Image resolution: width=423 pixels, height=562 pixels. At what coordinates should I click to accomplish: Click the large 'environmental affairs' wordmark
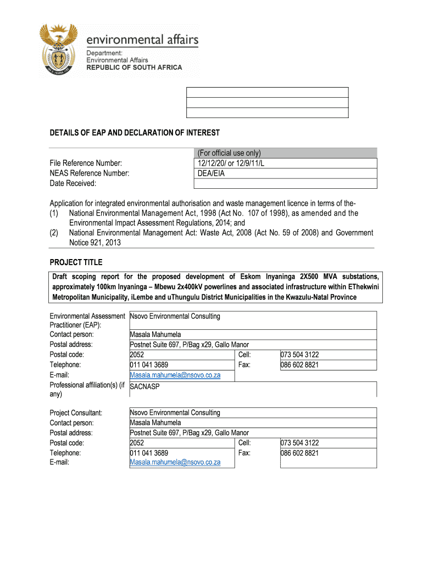[142, 40]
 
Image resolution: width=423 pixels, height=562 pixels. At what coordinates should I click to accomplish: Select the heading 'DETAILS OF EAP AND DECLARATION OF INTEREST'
[135, 133]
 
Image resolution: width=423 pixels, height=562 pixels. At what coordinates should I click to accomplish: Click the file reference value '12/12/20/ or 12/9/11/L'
[232, 163]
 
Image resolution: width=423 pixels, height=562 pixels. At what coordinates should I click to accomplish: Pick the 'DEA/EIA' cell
[211, 173]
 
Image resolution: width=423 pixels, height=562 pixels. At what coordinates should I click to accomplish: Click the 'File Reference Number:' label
[85, 163]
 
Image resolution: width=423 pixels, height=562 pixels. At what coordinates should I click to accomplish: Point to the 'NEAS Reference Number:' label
[90, 173]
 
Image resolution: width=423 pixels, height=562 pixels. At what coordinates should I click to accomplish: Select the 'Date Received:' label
[73, 183]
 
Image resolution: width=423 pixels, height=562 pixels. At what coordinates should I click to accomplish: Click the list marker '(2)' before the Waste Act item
[55, 233]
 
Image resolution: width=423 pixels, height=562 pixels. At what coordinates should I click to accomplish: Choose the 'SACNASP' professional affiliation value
[145, 386]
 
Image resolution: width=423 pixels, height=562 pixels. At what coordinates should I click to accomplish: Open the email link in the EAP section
[175, 375]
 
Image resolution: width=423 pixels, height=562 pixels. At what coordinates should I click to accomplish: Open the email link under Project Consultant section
[175, 462]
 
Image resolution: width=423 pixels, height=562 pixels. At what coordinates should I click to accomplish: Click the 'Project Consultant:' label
[76, 413]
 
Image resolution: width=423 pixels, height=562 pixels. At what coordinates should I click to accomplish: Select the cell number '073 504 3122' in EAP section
[299, 355]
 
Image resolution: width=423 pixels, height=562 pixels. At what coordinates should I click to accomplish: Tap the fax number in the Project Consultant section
[299, 453]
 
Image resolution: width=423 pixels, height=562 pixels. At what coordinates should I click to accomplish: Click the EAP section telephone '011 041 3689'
[149, 365]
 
